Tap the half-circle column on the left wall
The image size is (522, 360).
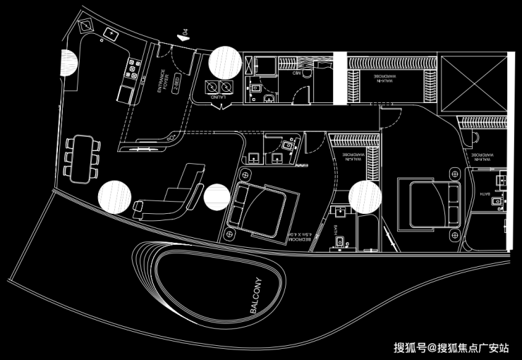(x=68, y=64)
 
